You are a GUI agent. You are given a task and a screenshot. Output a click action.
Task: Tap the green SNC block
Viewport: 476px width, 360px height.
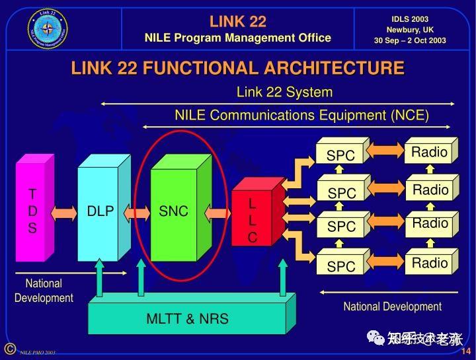click(173, 211)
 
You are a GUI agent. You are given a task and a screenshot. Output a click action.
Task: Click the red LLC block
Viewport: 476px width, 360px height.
click(252, 218)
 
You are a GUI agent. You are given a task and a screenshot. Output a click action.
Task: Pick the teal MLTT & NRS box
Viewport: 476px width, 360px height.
click(188, 318)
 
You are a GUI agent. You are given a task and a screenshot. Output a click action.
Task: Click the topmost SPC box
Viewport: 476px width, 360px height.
click(340, 155)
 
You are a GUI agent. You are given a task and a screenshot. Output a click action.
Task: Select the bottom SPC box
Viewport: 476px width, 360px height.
click(340, 266)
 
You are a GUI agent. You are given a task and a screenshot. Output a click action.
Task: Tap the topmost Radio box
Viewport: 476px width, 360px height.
click(430, 153)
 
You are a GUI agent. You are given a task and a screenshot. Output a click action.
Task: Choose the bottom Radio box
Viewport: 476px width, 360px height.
click(430, 264)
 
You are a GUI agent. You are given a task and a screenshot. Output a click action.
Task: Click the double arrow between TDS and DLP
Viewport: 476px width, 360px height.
click(64, 212)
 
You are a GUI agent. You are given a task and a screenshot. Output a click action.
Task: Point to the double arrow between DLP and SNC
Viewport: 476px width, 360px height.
click(138, 212)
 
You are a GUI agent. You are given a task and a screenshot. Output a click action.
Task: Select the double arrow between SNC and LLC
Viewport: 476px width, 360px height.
click(218, 212)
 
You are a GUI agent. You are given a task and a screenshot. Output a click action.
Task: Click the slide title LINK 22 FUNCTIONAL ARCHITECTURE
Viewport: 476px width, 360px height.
click(237, 68)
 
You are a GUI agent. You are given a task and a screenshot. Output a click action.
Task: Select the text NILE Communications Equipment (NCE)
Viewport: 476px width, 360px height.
click(301, 116)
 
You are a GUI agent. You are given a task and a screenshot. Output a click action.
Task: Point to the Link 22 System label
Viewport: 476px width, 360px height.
click(284, 92)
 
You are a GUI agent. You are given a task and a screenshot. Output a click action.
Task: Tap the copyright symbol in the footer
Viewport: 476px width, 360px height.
click(9, 349)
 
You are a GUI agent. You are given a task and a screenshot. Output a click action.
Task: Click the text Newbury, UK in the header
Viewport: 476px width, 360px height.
click(410, 30)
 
